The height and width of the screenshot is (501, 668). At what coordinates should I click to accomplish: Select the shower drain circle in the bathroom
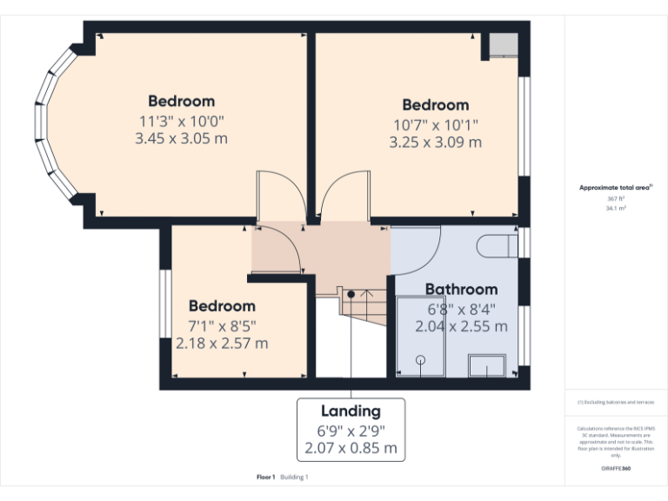tap(421, 359)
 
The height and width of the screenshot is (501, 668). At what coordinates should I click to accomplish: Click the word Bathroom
tap(461, 289)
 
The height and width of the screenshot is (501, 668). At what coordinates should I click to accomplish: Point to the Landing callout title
tap(351, 411)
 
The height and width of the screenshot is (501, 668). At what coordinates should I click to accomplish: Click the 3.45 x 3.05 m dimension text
tap(181, 138)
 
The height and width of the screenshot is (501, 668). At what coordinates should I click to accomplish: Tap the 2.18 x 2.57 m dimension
tap(222, 344)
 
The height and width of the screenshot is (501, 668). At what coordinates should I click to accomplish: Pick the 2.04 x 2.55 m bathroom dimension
tap(461, 326)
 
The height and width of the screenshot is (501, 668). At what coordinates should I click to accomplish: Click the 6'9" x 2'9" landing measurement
tap(351, 431)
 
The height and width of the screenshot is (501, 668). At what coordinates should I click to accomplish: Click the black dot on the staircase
tap(351, 295)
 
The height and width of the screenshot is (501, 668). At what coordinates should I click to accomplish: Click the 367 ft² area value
tap(616, 199)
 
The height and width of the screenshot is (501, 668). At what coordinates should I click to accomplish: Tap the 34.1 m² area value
tap(616, 209)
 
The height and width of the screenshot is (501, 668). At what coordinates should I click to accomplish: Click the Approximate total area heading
tap(615, 187)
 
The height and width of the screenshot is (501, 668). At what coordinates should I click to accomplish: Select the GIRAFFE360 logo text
tap(616, 468)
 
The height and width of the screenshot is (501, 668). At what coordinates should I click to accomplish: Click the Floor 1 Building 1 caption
tap(283, 477)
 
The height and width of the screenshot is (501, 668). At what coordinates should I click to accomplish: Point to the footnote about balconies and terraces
tap(616, 402)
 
